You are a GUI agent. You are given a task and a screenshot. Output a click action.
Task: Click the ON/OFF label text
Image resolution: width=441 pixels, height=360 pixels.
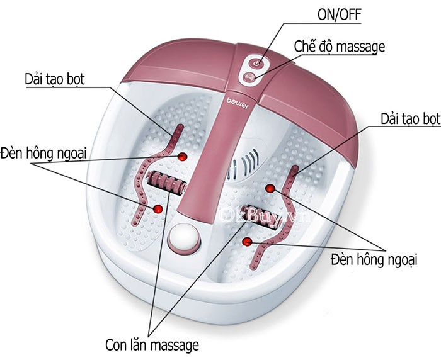(x=339, y=14)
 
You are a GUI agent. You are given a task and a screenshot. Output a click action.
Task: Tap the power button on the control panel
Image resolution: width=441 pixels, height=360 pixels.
(x=256, y=63)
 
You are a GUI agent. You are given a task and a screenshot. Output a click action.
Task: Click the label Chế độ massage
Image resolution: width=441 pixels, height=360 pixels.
(x=339, y=47)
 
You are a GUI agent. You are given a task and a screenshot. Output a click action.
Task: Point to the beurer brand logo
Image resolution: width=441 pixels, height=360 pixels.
(x=238, y=103)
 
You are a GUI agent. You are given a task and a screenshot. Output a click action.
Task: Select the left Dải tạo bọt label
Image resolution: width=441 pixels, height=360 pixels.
(x=55, y=79)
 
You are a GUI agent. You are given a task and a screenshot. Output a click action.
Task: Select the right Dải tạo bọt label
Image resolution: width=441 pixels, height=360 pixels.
(x=410, y=118)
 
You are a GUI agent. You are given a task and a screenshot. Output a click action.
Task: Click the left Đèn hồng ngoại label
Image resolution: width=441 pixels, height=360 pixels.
(x=43, y=154)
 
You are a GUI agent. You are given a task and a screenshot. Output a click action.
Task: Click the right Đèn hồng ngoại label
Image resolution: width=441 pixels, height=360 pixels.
(x=374, y=259)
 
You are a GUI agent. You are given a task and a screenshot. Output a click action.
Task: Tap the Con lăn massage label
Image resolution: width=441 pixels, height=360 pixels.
(x=152, y=344)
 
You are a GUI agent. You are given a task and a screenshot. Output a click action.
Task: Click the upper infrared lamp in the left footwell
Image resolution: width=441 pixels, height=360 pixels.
(x=182, y=157)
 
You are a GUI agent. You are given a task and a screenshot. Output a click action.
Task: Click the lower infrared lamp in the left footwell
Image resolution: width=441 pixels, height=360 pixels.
(x=157, y=209)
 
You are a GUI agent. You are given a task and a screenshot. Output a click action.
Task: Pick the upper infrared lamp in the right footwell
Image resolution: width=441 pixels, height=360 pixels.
(x=270, y=188)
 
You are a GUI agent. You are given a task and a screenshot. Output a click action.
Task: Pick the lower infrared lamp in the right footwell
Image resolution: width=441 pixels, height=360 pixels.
(x=247, y=242)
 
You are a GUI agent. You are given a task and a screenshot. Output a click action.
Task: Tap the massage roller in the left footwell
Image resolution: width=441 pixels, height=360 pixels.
(x=166, y=183)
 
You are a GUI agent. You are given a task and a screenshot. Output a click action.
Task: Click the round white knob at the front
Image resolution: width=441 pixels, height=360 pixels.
(x=184, y=239)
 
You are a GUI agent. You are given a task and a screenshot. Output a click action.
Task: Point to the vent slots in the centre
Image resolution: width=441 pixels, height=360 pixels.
(x=245, y=163)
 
